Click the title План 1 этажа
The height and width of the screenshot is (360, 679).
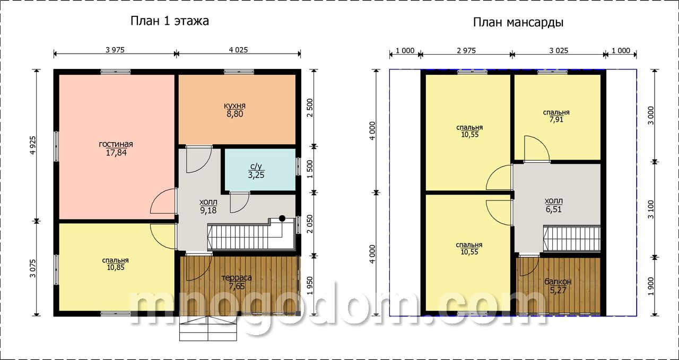[169, 21]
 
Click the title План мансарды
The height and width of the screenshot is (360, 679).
[518, 23]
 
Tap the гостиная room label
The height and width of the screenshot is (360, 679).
[116, 144]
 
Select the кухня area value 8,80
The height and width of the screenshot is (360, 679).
[234, 114]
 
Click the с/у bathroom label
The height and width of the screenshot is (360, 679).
[256, 166]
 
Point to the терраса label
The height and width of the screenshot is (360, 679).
[237, 278]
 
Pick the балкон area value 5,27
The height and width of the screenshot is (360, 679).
[558, 291]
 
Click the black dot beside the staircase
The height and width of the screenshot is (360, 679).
[282, 218]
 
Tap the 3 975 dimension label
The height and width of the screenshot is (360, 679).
[115, 50]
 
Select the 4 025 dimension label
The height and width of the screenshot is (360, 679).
[238, 50]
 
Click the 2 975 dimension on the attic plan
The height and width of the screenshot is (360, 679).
[466, 50]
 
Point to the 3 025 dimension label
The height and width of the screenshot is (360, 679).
[559, 50]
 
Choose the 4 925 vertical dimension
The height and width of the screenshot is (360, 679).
[33, 145]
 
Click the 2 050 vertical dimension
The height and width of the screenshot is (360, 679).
[310, 224]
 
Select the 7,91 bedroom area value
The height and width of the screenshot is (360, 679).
[556, 120]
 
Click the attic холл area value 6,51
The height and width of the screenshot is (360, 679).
[553, 209]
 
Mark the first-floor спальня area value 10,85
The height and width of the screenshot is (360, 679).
[116, 267]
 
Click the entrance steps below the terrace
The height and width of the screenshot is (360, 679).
[208, 329]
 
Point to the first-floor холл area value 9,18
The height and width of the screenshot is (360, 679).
[208, 210]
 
